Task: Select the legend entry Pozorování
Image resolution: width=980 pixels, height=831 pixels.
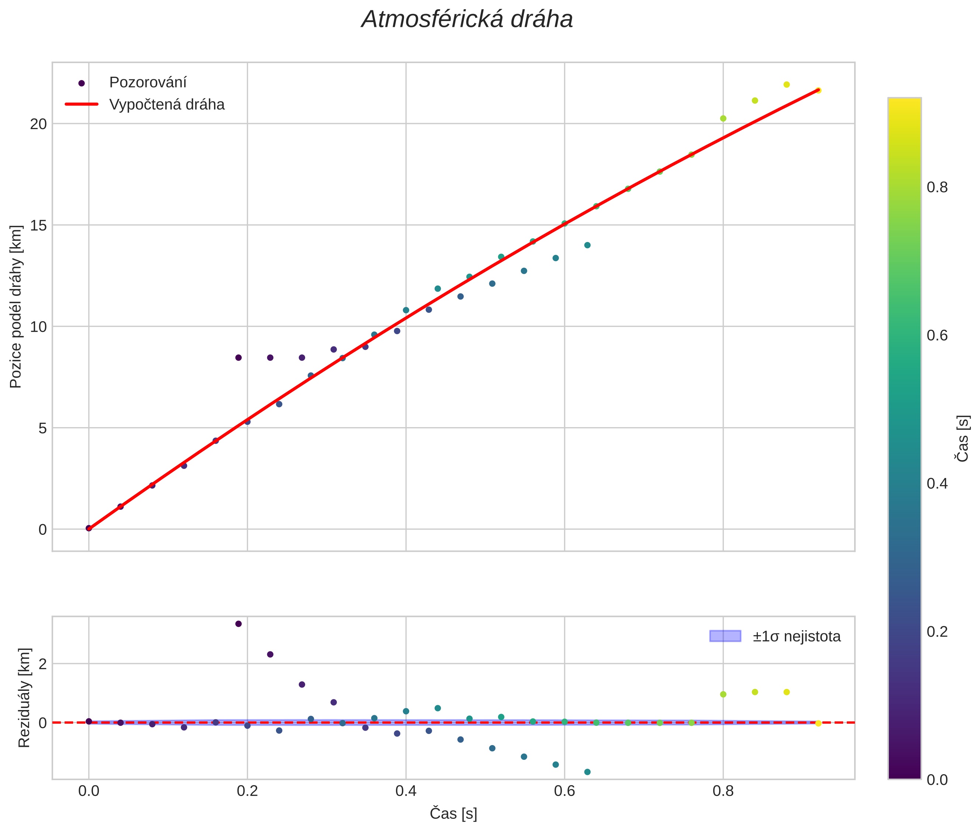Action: [148, 83]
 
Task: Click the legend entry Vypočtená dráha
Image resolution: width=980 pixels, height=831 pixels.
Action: [167, 105]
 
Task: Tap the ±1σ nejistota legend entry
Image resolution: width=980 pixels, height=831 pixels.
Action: [796, 637]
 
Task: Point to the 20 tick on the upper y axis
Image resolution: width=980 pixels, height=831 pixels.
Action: [39, 124]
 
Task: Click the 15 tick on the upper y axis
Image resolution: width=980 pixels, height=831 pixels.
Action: [39, 225]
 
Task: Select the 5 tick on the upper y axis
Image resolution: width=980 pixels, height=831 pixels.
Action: [42, 428]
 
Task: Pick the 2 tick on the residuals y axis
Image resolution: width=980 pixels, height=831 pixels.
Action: [43, 664]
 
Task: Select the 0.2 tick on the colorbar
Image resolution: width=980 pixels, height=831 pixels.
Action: [937, 632]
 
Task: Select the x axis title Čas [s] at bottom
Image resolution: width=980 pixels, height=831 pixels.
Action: [453, 814]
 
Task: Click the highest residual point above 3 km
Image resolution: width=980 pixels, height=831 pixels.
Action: [238, 624]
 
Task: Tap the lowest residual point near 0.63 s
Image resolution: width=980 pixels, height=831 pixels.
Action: [587, 772]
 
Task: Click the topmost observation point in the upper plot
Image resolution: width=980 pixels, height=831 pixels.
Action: [786, 85]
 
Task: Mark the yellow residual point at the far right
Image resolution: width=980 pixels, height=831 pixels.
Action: [818, 723]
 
